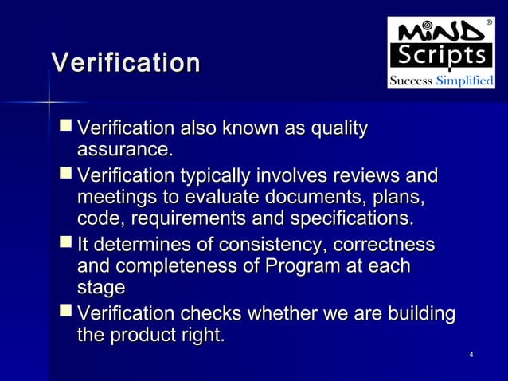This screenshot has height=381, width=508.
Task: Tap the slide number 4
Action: click(472, 354)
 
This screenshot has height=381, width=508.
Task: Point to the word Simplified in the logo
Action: click(466, 81)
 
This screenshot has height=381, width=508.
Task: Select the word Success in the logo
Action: click(411, 81)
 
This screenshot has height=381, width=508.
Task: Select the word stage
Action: click(101, 288)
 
